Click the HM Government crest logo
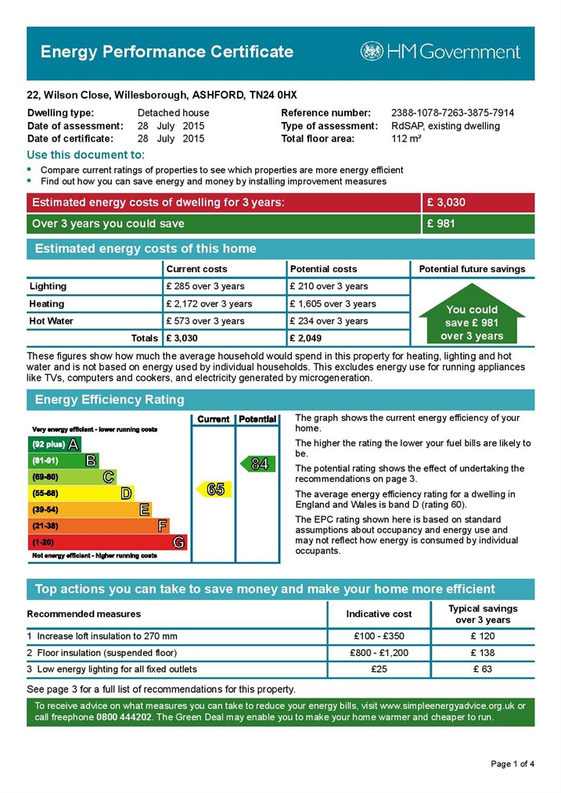tap(372, 52)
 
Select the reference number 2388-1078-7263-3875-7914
tap(452, 113)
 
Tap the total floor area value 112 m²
tap(406, 138)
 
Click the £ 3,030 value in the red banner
tap(446, 203)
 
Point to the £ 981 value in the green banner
tap(441, 224)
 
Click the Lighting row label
tap(48, 286)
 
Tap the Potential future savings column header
tap(472, 269)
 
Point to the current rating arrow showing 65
tap(213, 490)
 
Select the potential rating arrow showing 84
tap(257, 464)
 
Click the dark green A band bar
tap(55, 444)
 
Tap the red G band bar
tap(107, 542)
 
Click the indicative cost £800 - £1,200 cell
tap(379, 652)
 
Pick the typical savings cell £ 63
tap(483, 669)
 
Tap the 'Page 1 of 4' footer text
tap(512, 763)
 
